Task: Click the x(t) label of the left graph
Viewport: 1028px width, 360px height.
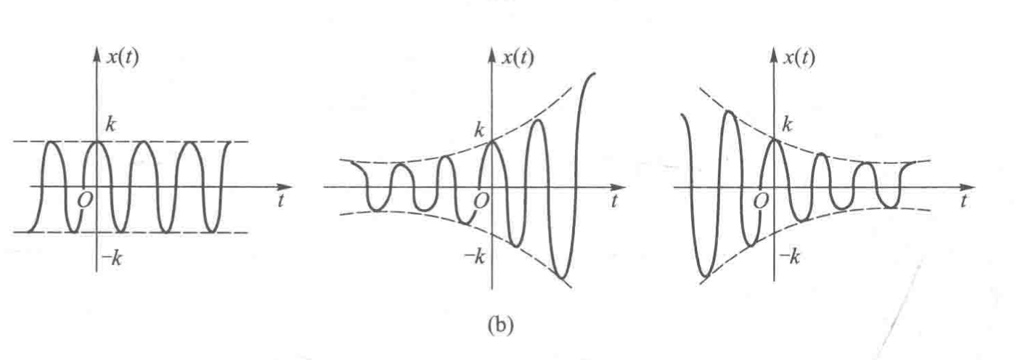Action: click(x=122, y=58)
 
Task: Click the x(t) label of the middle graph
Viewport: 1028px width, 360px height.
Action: click(x=518, y=58)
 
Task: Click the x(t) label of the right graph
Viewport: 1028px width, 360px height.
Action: click(x=799, y=58)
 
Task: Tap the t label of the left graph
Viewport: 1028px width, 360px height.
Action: click(x=280, y=201)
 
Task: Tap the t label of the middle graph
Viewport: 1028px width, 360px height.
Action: click(x=613, y=201)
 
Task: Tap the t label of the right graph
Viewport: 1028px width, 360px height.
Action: click(x=964, y=201)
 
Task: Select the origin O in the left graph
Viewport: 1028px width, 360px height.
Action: click(x=85, y=200)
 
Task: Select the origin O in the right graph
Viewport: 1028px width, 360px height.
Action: click(x=760, y=200)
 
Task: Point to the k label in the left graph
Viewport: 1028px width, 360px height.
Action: click(x=110, y=124)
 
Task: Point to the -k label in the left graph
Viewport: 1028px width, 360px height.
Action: click(x=112, y=259)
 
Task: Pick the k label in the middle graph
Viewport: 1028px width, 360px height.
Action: click(x=479, y=131)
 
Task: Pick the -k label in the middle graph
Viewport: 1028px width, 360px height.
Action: click(x=475, y=257)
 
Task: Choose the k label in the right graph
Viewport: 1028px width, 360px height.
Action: click(x=788, y=124)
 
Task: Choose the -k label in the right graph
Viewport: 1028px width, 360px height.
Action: click(x=789, y=257)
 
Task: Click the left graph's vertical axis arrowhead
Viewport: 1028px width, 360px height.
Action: click(x=97, y=54)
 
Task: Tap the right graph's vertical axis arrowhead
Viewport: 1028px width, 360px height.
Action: click(x=774, y=54)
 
